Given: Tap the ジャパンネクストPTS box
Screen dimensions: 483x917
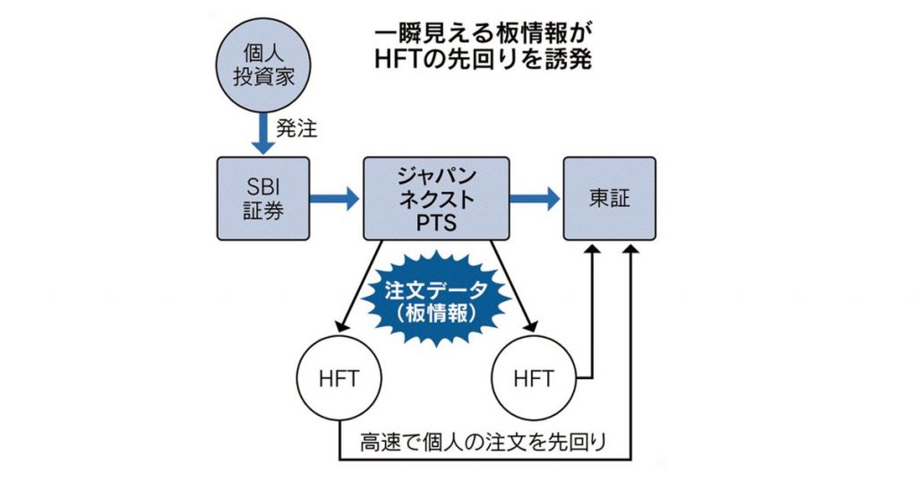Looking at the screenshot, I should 436,198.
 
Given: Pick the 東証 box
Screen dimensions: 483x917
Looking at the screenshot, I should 609,198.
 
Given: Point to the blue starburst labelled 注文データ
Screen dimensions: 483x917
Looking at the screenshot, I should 436,299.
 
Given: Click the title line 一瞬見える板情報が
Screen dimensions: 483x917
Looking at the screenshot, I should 483,33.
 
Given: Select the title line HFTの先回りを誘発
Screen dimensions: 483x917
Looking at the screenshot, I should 483,62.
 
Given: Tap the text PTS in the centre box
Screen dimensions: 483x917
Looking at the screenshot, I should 436,220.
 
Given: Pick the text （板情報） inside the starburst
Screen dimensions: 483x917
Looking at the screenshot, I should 436,314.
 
